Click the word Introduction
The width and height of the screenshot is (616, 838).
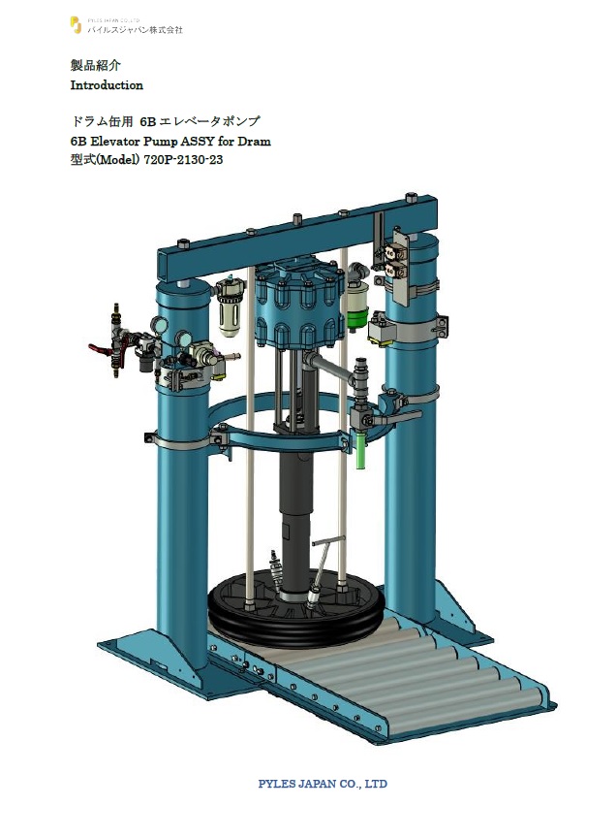coord(107,85)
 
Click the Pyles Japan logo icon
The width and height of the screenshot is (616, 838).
coord(76,25)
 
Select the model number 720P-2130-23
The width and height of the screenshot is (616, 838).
coord(183,159)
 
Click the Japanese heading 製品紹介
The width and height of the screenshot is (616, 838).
coord(96,65)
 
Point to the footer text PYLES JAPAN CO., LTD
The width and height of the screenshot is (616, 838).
coord(323,784)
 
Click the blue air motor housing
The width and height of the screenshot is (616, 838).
coord(297,306)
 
